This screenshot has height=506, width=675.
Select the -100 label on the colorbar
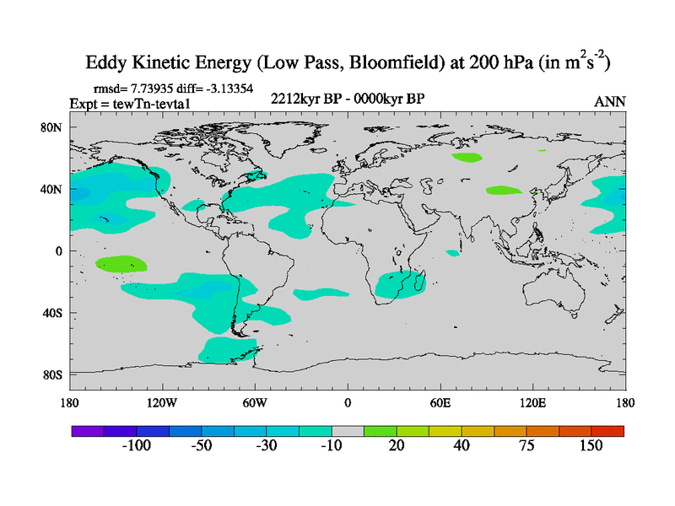[136, 446]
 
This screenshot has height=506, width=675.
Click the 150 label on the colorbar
[591, 446]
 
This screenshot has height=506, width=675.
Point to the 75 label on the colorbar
[526, 446]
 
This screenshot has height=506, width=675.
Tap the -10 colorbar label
[331, 446]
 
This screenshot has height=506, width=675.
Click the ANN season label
[610, 101]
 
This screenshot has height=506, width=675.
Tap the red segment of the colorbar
[607, 431]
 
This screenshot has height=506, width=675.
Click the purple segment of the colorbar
[87, 431]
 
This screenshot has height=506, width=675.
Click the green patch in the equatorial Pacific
[121, 263]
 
